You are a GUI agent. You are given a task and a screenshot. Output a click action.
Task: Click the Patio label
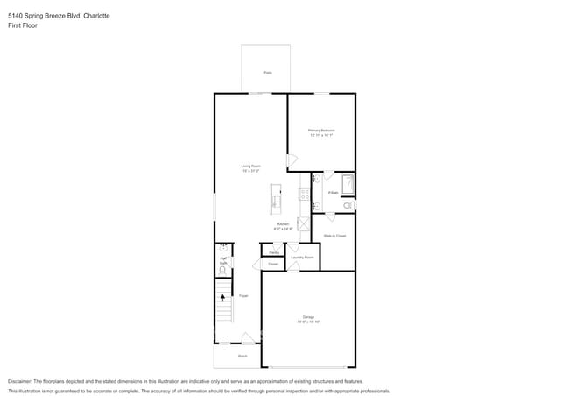click(267, 72)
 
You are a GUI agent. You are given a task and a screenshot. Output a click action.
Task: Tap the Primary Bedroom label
click(321, 132)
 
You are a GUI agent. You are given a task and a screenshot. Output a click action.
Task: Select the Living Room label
click(251, 168)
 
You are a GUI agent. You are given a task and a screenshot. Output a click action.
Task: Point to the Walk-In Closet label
click(334, 236)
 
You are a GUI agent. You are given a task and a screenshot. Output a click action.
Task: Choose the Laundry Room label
click(302, 258)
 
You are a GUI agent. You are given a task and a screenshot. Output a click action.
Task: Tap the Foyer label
click(243, 296)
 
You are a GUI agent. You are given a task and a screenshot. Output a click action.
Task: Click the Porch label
click(242, 357)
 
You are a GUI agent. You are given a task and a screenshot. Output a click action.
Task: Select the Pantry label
click(274, 251)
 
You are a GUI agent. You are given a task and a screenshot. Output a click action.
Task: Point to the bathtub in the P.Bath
click(347, 185)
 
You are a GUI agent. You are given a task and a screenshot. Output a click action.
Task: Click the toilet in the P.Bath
click(348, 205)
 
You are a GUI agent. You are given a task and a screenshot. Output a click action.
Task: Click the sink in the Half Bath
click(222, 248)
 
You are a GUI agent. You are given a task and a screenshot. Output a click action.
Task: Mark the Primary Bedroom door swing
click(292, 161)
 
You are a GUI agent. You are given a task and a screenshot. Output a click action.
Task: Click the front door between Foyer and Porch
click(249, 337)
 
